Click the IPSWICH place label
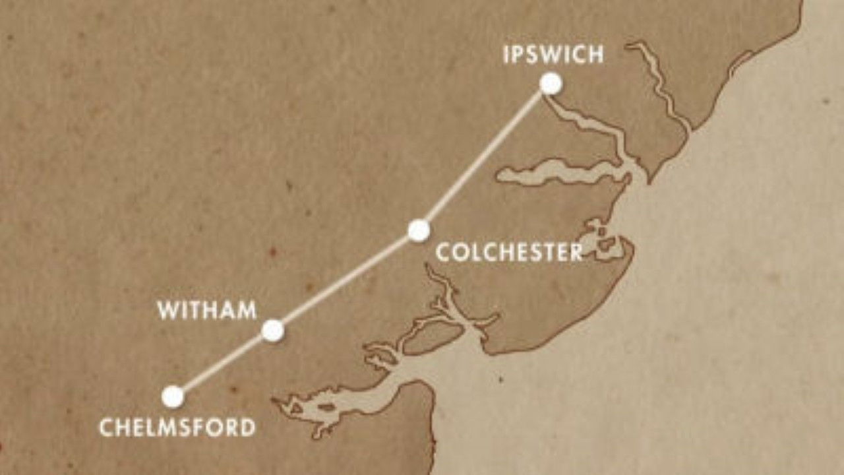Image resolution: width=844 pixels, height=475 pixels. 553,54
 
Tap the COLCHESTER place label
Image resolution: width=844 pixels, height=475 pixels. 509,253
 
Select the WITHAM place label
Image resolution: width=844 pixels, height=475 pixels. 207,311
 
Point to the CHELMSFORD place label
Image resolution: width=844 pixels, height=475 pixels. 177,427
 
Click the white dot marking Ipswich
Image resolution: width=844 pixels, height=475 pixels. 551,84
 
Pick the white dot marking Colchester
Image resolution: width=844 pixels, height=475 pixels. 419,230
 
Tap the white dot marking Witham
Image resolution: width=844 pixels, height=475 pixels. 272,331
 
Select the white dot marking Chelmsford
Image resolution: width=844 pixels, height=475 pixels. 173,396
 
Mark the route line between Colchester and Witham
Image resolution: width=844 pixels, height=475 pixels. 346,280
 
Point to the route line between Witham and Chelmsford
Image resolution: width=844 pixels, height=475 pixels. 223,364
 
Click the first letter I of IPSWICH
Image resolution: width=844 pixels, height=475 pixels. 506,54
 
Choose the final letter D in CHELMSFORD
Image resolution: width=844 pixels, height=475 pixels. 247,427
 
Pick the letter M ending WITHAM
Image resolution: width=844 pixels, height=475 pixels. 247,311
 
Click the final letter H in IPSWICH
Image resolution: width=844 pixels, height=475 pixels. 595,54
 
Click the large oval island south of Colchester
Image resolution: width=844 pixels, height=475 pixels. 429,336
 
